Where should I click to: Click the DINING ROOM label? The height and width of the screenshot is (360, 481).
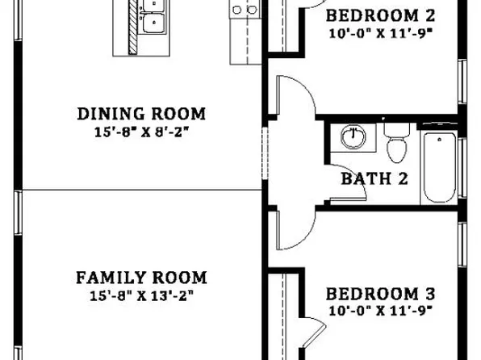(x=141, y=114)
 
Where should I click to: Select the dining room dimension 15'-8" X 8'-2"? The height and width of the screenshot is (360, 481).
(x=141, y=131)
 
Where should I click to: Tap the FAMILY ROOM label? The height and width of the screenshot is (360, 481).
(x=141, y=278)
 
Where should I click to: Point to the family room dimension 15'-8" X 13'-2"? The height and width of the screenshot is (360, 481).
(x=141, y=295)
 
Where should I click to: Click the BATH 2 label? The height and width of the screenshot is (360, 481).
(x=373, y=179)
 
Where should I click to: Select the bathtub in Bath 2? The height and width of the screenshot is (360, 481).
(x=438, y=166)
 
